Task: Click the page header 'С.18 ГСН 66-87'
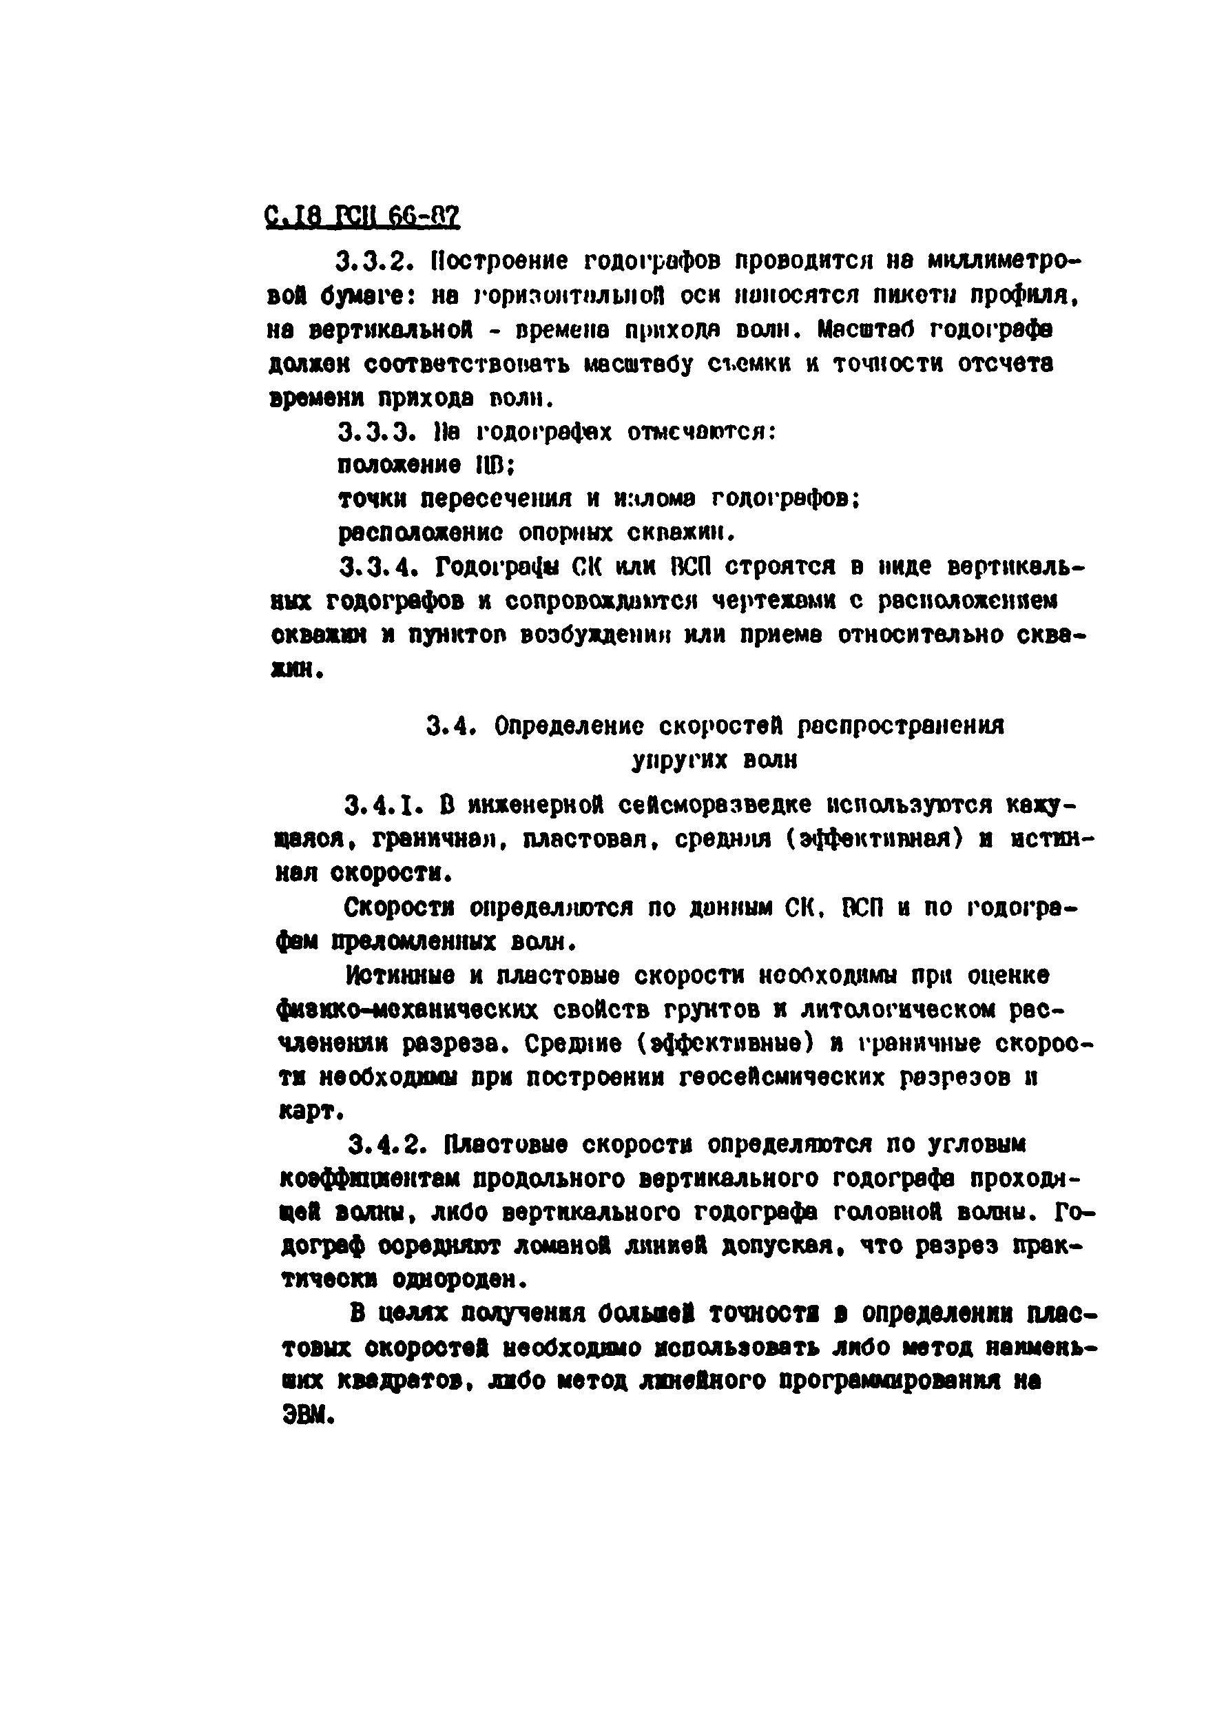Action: pyautogui.click(x=362, y=218)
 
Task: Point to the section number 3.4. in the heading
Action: pyautogui.click(x=451, y=725)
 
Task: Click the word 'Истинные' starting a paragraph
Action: pyautogui.click(x=399, y=975)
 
